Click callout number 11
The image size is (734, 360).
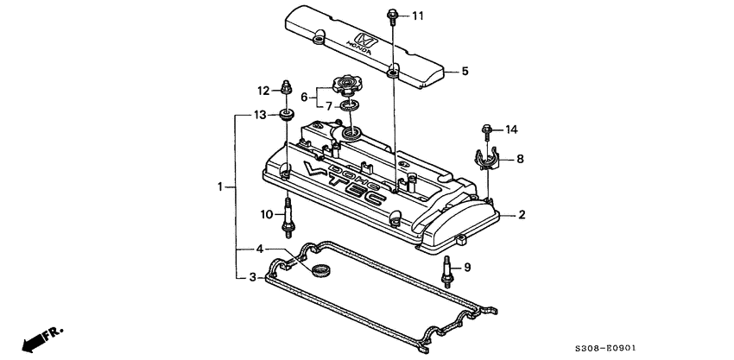418,16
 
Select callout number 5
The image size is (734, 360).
464,72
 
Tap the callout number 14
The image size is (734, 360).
511,130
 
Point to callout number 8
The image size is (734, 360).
520,159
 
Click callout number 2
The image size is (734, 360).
522,215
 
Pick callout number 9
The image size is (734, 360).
467,268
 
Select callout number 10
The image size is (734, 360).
267,213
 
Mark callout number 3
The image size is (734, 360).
252,277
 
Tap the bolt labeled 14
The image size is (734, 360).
485,131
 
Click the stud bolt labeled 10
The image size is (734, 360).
287,217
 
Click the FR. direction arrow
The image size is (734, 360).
40,338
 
